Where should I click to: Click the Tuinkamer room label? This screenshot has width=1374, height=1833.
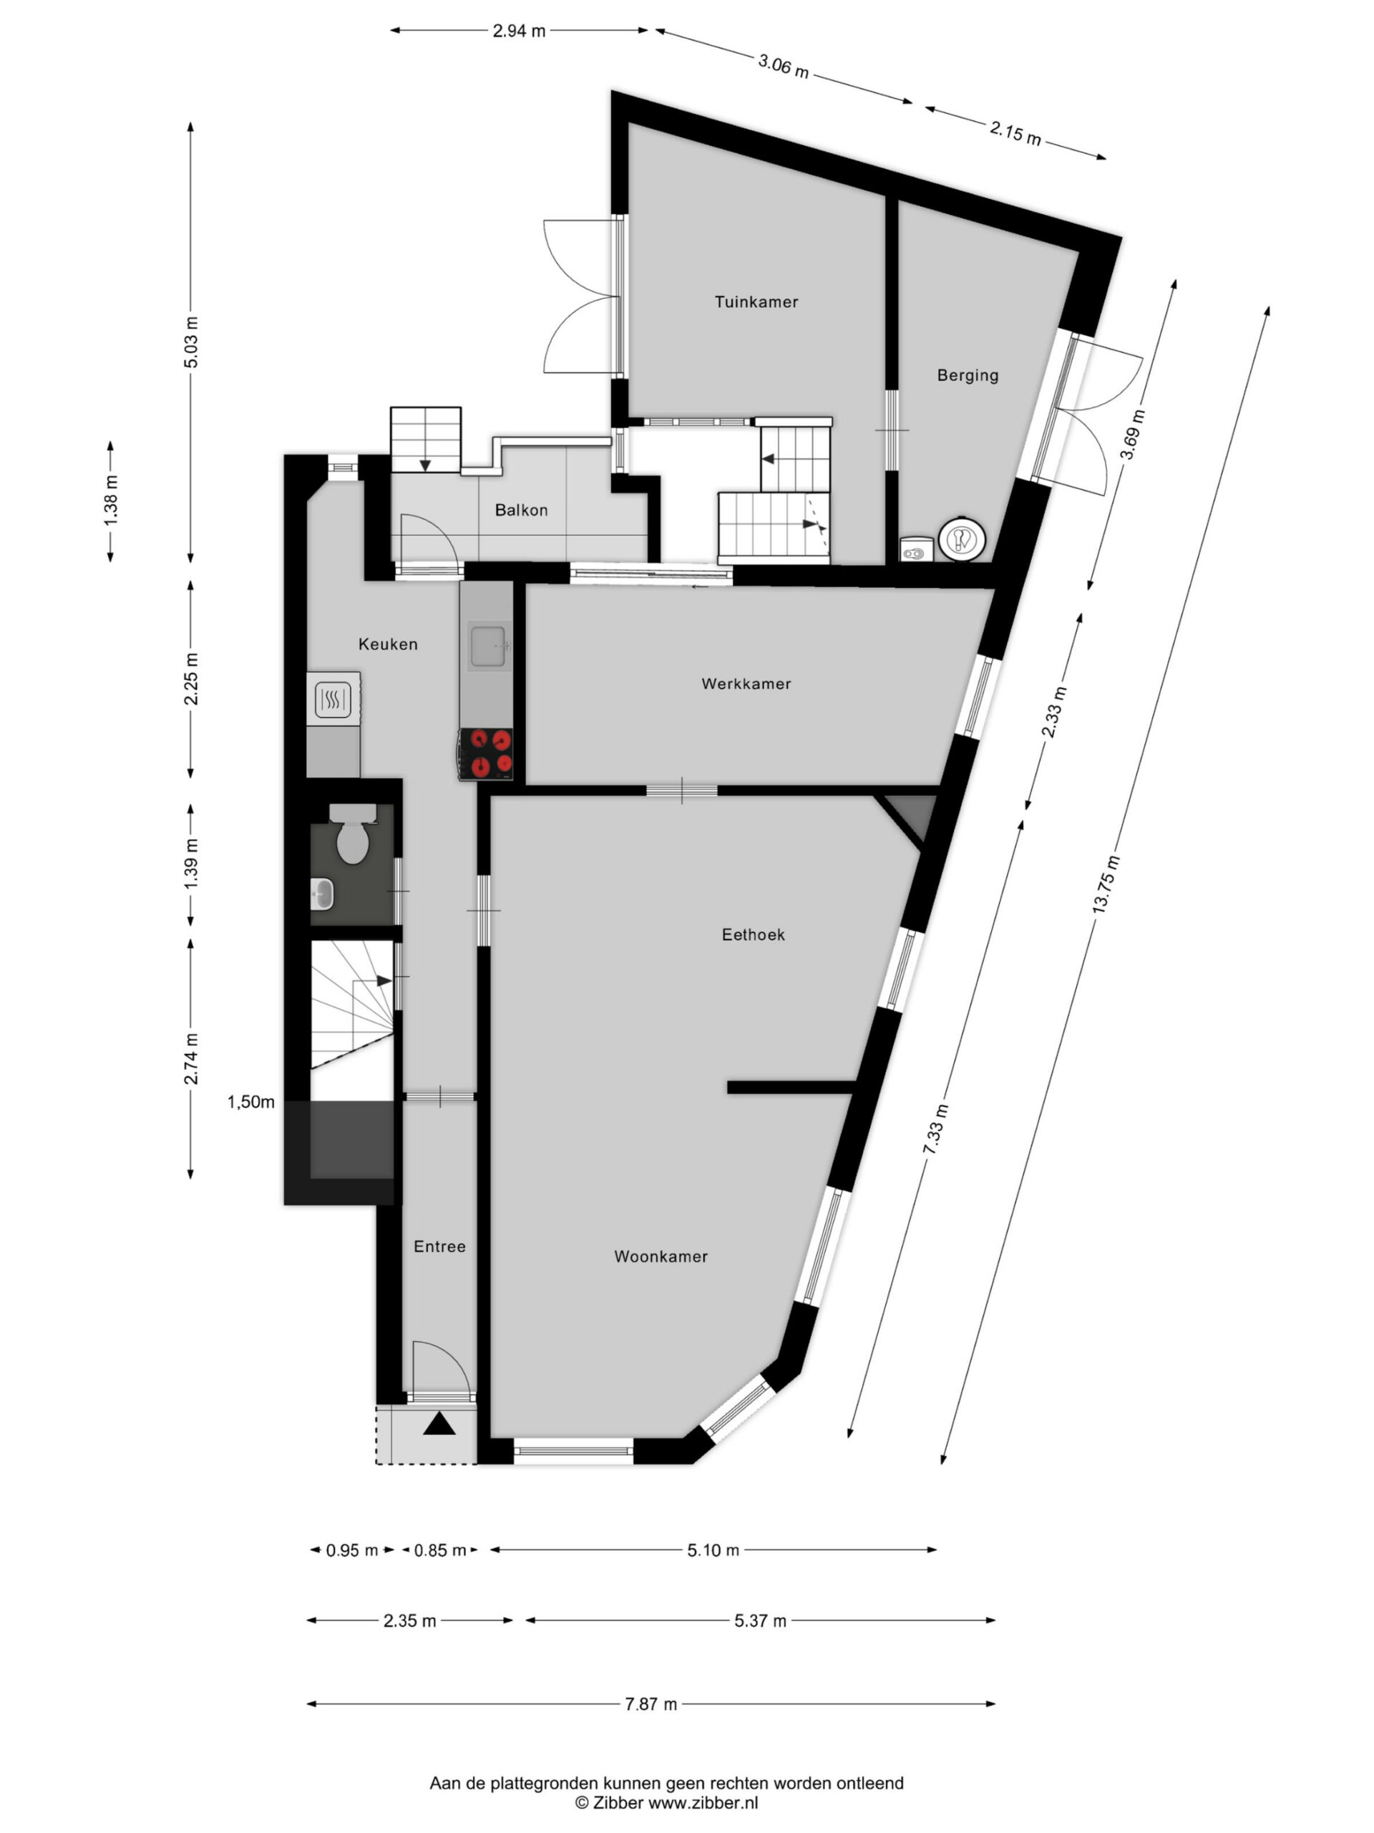(756, 302)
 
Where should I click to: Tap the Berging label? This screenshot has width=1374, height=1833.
(968, 375)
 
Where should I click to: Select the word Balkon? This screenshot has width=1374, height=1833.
(521, 511)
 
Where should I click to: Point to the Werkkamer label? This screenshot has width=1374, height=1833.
(746, 684)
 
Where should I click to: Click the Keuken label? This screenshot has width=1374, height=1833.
(388, 644)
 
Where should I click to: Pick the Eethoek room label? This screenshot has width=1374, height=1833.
(753, 934)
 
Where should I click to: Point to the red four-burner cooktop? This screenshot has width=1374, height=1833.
(487, 753)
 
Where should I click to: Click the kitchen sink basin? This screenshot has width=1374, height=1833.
(489, 647)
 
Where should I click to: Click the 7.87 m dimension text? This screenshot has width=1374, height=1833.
(651, 1705)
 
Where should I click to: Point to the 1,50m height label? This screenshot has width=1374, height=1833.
(251, 1102)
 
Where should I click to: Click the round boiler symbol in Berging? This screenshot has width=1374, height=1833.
(962, 539)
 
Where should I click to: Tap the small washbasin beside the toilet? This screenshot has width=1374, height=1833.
(322, 894)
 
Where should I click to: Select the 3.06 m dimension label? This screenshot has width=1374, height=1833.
(783, 65)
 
